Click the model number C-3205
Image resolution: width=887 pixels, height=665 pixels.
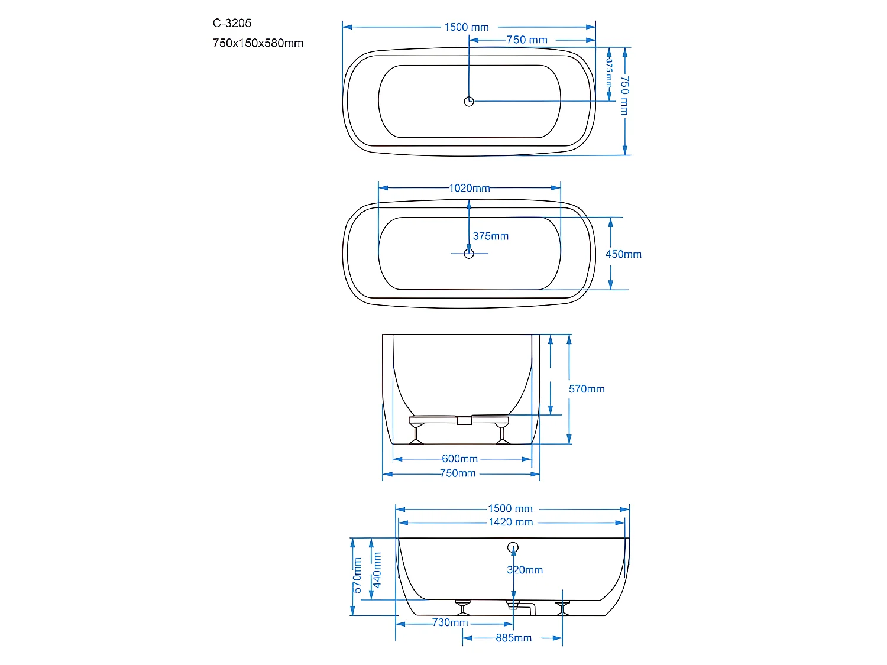(232, 23)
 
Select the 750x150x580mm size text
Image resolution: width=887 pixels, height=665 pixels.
(258, 43)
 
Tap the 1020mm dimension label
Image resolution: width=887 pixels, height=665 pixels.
(469, 188)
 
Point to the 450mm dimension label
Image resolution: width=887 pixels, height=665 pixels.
(623, 254)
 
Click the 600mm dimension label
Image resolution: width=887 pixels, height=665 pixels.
(459, 459)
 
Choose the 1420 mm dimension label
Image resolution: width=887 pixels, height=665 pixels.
(510, 522)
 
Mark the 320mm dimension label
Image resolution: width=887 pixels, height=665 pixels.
(525, 570)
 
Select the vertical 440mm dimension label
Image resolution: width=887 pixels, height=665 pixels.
(377, 570)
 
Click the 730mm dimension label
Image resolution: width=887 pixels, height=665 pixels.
(450, 622)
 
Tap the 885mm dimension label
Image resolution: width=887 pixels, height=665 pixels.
(513, 638)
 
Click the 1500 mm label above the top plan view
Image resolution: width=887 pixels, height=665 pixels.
(466, 27)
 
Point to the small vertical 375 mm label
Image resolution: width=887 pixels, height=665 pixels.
(608, 72)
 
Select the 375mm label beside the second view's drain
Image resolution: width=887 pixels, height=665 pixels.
(490, 236)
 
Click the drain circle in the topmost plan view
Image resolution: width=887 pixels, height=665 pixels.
(469, 102)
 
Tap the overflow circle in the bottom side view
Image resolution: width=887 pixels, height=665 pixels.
(513, 547)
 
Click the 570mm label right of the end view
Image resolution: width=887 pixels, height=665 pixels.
(587, 389)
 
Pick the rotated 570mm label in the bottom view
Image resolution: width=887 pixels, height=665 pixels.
(357, 575)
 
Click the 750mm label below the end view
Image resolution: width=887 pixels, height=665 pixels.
(458, 473)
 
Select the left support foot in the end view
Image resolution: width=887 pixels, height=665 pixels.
(417, 432)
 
